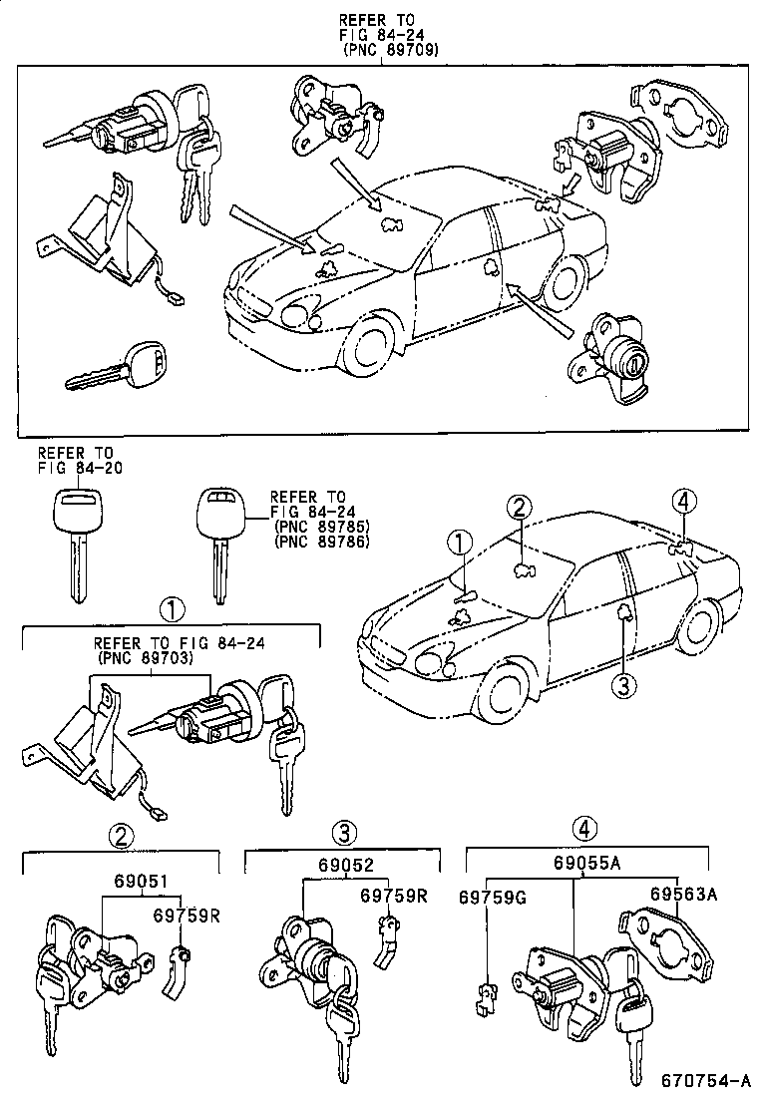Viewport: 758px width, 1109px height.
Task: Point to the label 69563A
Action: point(684,895)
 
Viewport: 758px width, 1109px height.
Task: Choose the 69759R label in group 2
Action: point(187,914)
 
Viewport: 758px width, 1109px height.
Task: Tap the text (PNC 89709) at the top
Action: point(388,48)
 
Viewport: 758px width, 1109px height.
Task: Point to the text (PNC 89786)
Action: point(321,542)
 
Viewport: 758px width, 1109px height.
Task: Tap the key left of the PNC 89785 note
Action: point(220,539)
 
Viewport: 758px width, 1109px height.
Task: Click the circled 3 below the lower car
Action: point(624,685)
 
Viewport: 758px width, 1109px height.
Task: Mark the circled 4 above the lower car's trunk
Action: point(682,501)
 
